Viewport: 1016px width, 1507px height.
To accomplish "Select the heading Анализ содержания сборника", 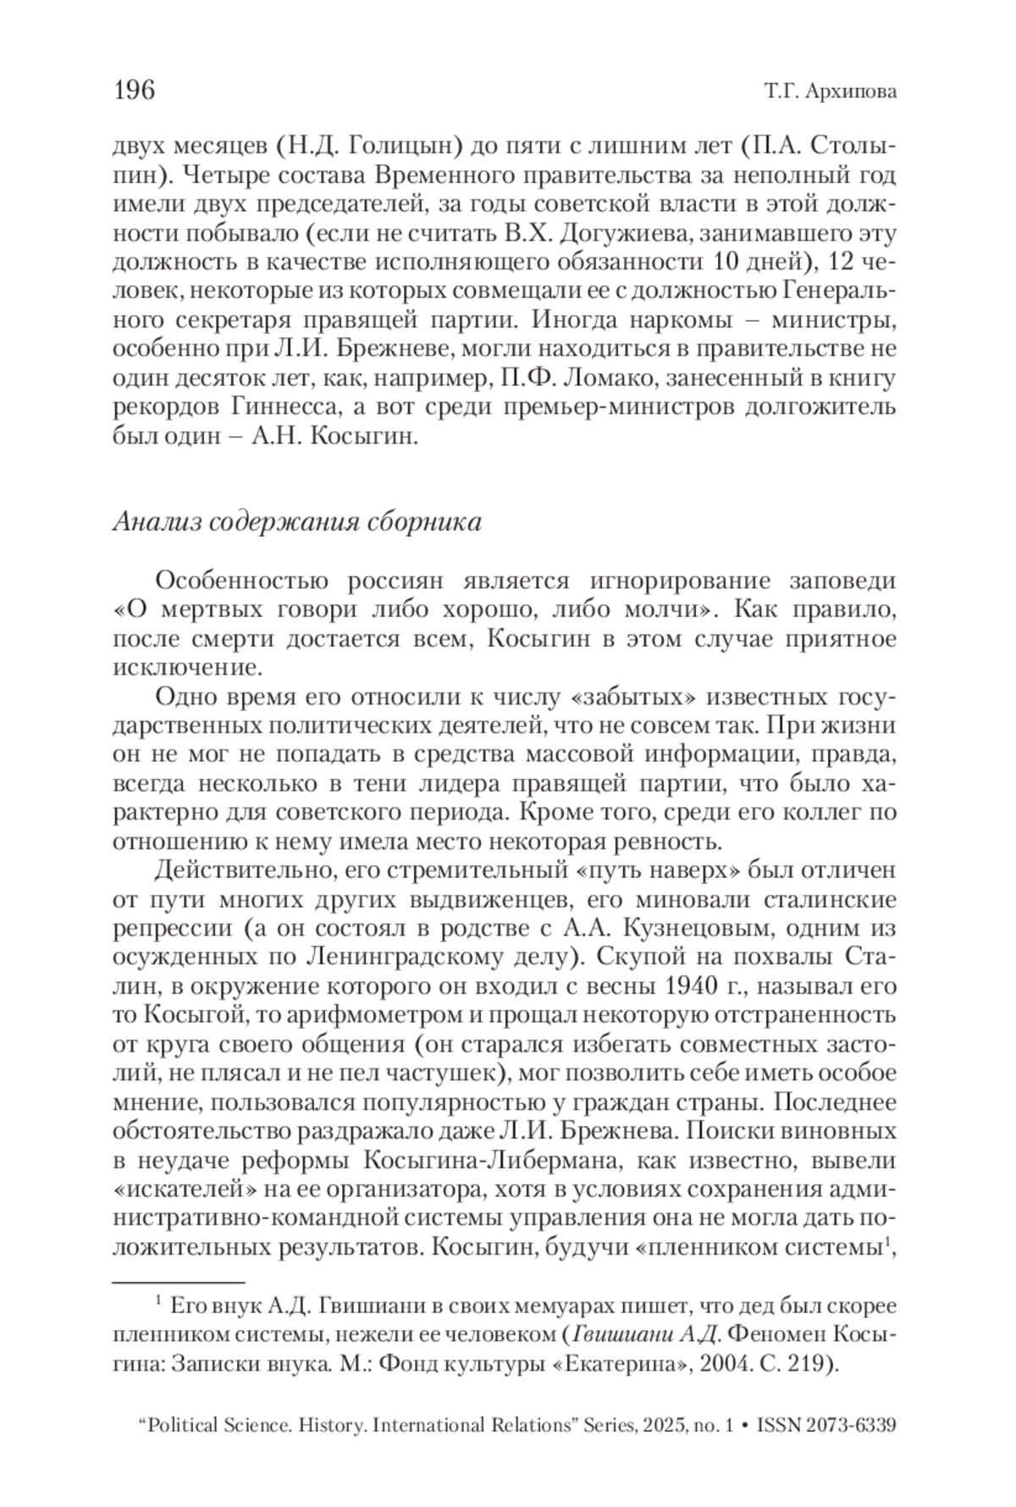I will click(x=297, y=522).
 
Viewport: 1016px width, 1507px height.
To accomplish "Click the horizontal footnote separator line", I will click(x=178, y=1283).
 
